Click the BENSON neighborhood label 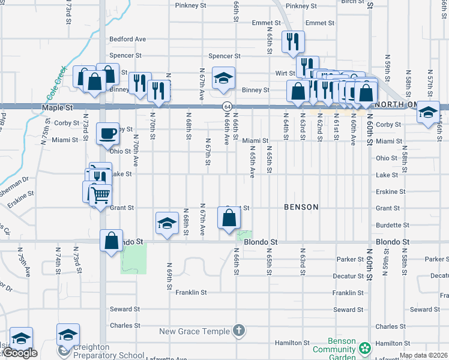point(301,207)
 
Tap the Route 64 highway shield point(226,106)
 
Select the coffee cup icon point(108,133)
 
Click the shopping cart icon point(100,194)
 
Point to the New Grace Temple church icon point(239,331)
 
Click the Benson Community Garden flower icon point(364,348)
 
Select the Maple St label point(57,108)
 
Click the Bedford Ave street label point(127,40)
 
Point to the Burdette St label point(392,226)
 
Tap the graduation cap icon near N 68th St point(166,224)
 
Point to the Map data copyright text point(423,355)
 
